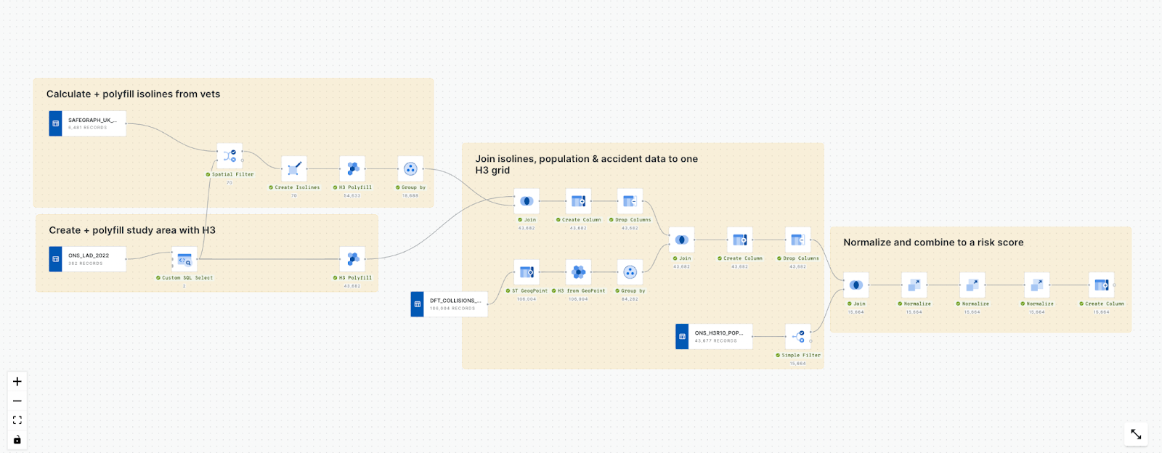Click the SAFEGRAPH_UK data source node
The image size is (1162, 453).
87,123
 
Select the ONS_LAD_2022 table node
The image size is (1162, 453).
87,259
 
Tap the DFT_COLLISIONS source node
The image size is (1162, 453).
449,304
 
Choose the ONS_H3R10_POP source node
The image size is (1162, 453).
714,337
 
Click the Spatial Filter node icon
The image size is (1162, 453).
229,156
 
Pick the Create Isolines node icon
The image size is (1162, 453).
293,169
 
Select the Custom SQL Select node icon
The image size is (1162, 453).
184,259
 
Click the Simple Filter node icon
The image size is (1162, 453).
797,337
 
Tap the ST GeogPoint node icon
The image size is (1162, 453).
527,272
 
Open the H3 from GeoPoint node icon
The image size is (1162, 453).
578,272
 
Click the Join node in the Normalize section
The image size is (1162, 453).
856,285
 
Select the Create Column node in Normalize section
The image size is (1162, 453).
1101,285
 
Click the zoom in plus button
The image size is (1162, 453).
17,382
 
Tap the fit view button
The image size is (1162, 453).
17,420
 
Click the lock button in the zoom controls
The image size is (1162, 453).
17,440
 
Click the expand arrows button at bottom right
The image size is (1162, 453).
1136,435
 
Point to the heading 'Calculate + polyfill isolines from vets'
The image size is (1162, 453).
133,94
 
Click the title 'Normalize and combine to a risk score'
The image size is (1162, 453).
933,242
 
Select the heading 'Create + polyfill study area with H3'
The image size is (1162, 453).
132,230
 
